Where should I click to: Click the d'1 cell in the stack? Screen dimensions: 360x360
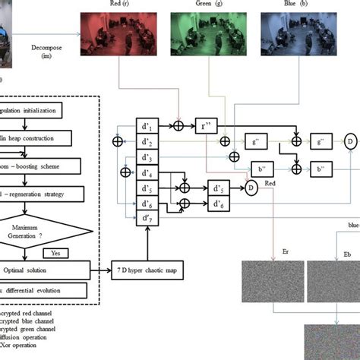[147, 125]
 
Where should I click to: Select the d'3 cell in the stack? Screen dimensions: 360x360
[147, 157]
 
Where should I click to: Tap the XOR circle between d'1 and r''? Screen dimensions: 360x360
[179, 125]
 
